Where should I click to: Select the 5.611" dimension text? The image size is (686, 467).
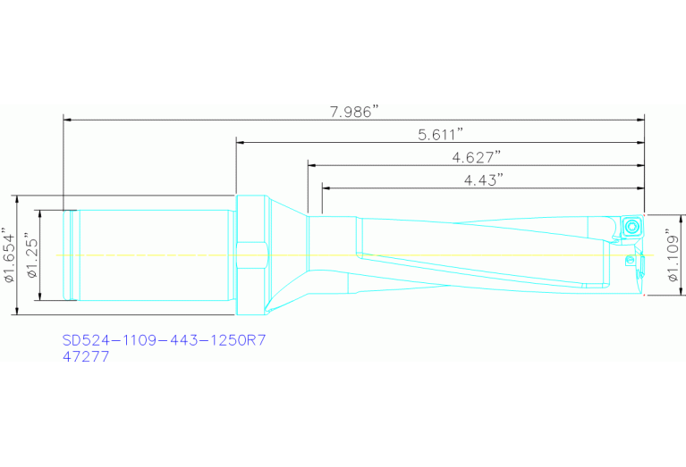pos(440,135)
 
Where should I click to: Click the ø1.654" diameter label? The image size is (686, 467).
pos(10,255)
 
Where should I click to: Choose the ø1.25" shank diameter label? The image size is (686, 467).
pos(32,255)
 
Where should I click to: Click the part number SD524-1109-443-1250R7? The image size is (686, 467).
pos(165,340)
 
